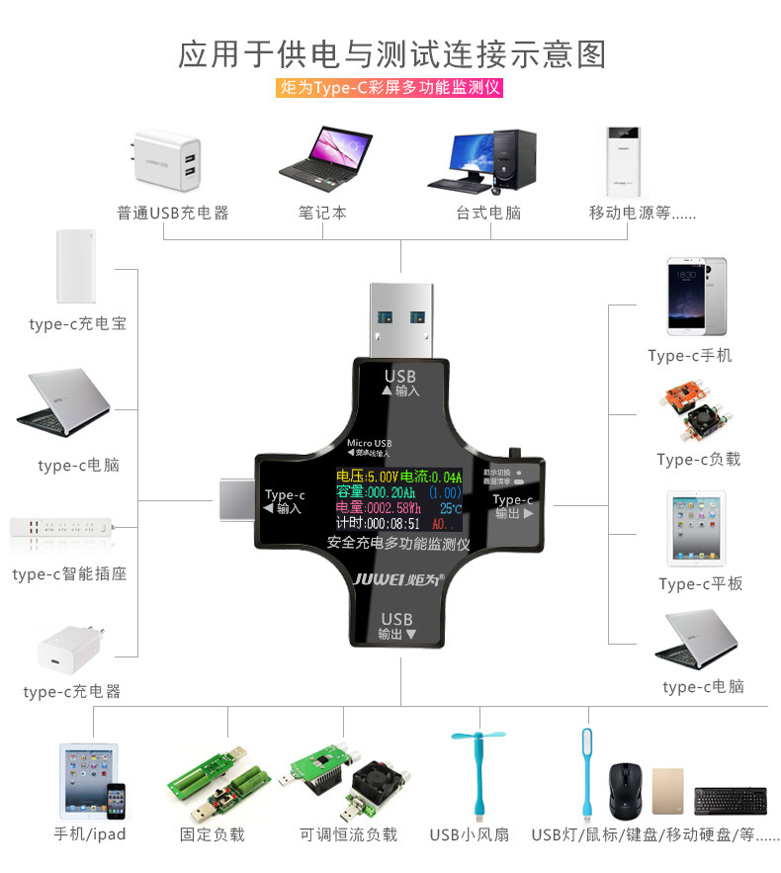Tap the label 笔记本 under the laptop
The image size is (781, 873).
(322, 213)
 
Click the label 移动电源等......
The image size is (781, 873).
(643, 213)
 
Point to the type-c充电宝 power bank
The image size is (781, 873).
(76, 267)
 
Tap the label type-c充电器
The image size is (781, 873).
(72, 691)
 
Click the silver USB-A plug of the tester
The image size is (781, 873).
(400, 316)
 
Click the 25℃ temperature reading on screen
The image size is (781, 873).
(451, 508)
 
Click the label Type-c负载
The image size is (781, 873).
(698, 459)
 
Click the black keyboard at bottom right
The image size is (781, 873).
(730, 799)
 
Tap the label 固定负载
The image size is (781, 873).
(212, 834)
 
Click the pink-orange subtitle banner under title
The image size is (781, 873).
(390, 88)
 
